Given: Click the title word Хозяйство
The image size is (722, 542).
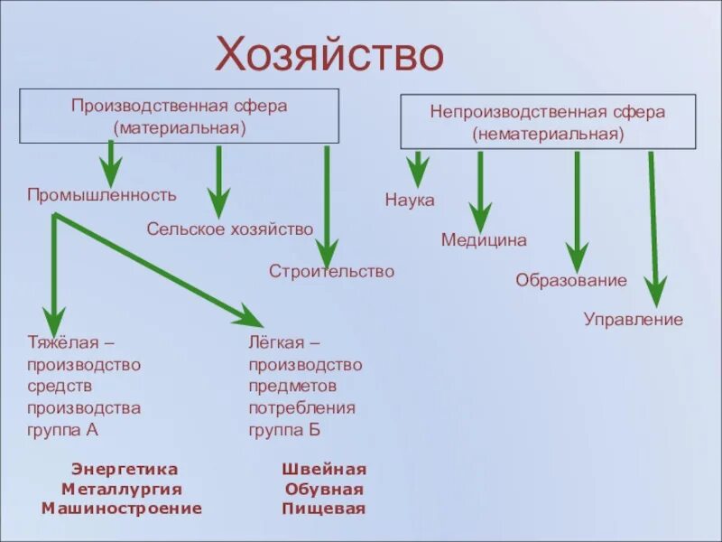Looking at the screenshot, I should (x=329, y=55).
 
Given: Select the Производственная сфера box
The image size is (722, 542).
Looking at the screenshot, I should (x=180, y=116).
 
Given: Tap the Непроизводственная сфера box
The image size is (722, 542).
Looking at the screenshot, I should (x=548, y=122).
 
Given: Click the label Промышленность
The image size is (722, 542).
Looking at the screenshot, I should (x=102, y=195).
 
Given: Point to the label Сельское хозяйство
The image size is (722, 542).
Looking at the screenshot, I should (x=230, y=229).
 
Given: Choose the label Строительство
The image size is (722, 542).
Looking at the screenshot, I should (x=331, y=271).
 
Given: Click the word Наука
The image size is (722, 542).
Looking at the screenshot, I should (x=410, y=201).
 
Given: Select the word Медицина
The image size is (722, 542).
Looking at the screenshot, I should (x=484, y=240).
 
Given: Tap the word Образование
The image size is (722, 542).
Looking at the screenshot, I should (x=571, y=281).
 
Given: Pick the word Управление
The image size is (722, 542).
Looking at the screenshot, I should (x=634, y=320).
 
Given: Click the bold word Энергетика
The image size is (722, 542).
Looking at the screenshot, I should (x=125, y=470).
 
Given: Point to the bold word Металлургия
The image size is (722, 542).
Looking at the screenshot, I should (x=122, y=490).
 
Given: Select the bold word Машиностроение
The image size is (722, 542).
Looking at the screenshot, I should (x=122, y=509).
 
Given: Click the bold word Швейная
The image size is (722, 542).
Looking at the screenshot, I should (x=324, y=470).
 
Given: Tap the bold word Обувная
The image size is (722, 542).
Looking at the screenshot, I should (x=324, y=490).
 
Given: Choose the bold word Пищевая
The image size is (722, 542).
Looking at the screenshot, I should (x=324, y=509).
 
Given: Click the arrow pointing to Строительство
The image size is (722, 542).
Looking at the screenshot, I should (x=327, y=208).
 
